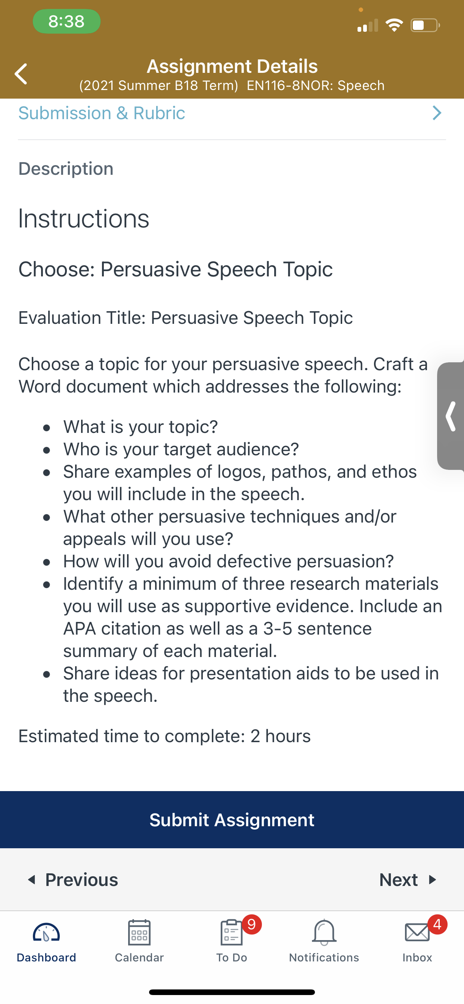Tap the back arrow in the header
point(21,74)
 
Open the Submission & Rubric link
point(102,114)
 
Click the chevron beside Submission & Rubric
point(437,113)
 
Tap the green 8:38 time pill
point(66,21)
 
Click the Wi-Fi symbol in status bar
point(394,25)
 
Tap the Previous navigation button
point(72,880)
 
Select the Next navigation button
point(408,880)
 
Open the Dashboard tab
point(46,941)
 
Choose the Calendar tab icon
point(139,932)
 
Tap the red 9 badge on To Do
point(251,924)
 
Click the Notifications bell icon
point(324,932)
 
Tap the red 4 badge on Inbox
point(437,924)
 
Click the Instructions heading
point(84,218)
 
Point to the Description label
point(66,169)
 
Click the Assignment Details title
point(232,66)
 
